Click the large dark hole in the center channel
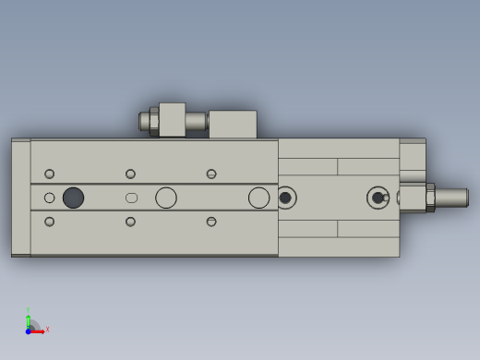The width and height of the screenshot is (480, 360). (73, 198)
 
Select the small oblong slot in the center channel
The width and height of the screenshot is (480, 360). (131, 198)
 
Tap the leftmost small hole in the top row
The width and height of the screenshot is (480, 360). (49, 174)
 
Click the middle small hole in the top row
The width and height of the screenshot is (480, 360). (130, 174)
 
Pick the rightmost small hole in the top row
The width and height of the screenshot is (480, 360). (211, 174)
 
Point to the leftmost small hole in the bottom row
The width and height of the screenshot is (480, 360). (49, 222)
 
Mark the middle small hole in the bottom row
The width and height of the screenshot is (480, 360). (130, 222)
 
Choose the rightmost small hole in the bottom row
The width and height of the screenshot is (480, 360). (211, 222)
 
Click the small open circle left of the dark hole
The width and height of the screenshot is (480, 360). (49, 198)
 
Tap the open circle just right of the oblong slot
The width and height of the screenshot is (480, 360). (166, 198)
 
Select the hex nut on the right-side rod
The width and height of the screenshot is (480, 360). (430, 198)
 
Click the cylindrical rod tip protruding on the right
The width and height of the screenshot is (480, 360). (451, 198)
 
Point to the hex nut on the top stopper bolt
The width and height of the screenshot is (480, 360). (153, 121)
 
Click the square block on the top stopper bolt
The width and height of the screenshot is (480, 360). (172, 120)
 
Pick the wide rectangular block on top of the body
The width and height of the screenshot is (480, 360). (233, 125)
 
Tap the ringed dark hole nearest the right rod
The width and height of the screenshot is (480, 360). (378, 198)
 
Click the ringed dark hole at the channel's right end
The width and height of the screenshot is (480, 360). (285, 198)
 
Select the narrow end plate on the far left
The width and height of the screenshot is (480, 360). (20, 198)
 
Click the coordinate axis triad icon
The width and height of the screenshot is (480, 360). (32, 325)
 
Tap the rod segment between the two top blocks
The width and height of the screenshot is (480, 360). (196, 121)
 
